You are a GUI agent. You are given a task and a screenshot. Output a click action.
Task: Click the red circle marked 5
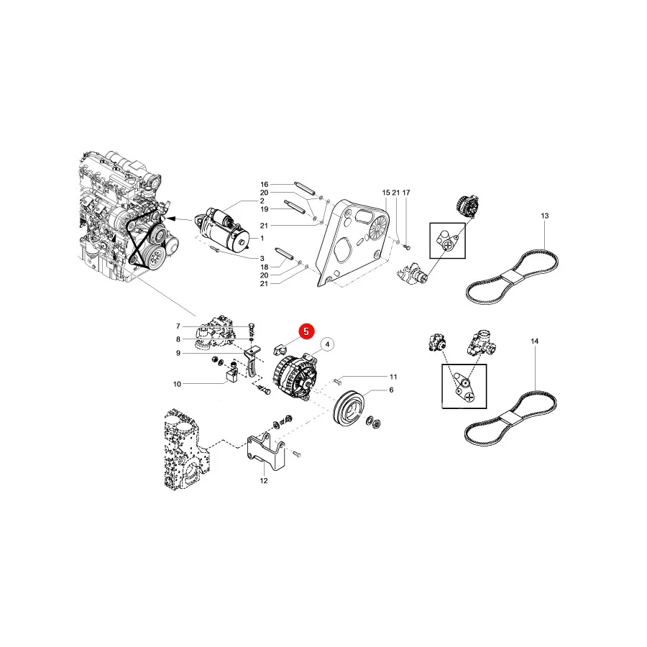point(306,331)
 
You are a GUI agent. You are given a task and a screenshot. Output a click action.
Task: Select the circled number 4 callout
point(327,344)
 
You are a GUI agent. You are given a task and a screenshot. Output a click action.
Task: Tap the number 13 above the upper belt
point(545,216)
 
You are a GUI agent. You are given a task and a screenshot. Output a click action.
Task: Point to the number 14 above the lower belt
point(534,341)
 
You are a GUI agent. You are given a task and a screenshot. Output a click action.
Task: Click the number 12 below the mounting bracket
point(264,481)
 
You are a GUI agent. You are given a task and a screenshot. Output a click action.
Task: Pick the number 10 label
point(177,384)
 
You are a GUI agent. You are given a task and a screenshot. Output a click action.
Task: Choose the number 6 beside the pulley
point(391,390)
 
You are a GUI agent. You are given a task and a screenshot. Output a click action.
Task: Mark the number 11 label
point(393,377)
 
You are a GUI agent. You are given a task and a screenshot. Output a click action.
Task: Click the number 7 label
point(178,326)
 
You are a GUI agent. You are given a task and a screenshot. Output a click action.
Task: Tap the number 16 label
point(264,185)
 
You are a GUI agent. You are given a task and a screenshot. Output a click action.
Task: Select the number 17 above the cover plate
point(406,193)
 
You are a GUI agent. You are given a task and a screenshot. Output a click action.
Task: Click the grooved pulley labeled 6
point(349,408)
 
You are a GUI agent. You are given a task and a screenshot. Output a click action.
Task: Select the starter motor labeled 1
point(222,231)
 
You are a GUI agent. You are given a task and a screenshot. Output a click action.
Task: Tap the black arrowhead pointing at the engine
point(172,218)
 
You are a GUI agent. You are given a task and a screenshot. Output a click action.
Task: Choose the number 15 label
point(386,193)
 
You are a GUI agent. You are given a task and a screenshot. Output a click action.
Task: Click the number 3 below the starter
point(262,259)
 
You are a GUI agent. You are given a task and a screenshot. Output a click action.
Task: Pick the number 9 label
point(178,353)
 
